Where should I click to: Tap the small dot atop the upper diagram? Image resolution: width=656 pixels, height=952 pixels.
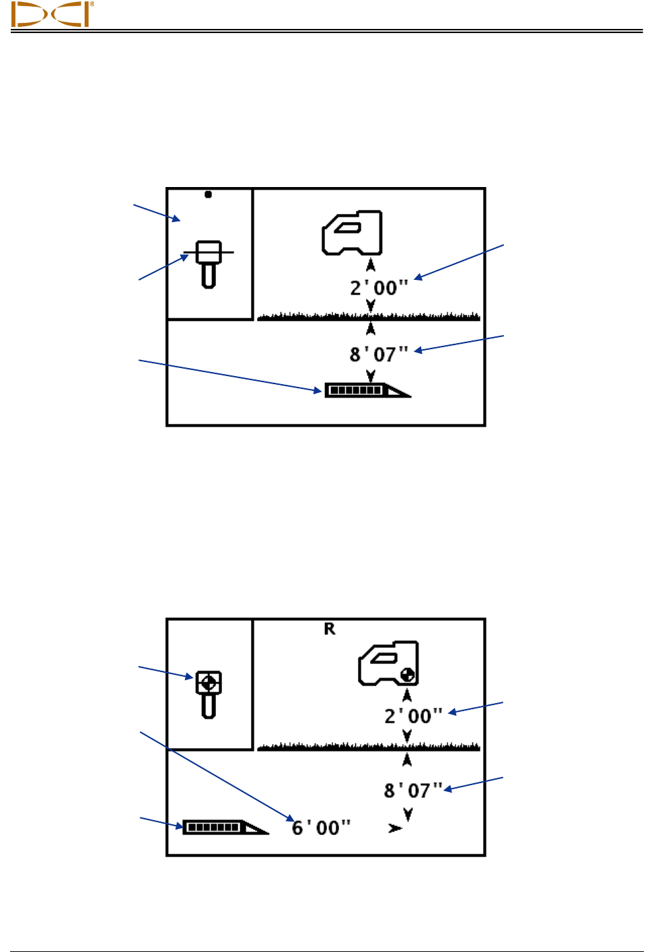[x=209, y=194]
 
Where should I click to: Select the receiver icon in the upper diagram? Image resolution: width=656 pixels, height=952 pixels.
[x=353, y=233]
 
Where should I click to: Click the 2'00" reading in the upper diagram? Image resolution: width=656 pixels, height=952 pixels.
[x=379, y=288]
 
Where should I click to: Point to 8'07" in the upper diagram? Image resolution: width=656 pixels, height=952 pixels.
[x=379, y=354]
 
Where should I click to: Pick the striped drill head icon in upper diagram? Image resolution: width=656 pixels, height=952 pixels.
[x=367, y=390]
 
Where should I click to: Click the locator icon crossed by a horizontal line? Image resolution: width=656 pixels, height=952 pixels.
[x=209, y=262]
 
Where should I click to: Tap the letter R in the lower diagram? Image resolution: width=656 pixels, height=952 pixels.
[x=330, y=629]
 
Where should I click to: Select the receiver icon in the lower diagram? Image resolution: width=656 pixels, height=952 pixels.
[x=388, y=663]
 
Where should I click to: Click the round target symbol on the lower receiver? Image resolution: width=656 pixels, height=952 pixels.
[x=407, y=675]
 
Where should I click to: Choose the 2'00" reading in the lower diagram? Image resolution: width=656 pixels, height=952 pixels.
[x=413, y=716]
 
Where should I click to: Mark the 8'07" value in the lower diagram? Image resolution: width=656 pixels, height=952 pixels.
[x=413, y=791]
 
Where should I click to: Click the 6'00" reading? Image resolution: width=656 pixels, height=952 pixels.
[x=321, y=828]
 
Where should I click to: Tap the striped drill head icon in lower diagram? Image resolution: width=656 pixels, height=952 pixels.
[x=225, y=827]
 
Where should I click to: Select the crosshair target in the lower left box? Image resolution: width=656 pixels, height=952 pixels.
[x=209, y=683]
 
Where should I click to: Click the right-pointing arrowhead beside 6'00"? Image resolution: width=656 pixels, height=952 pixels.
[x=395, y=828]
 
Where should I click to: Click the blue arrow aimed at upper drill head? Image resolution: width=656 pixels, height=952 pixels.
[x=229, y=375]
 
